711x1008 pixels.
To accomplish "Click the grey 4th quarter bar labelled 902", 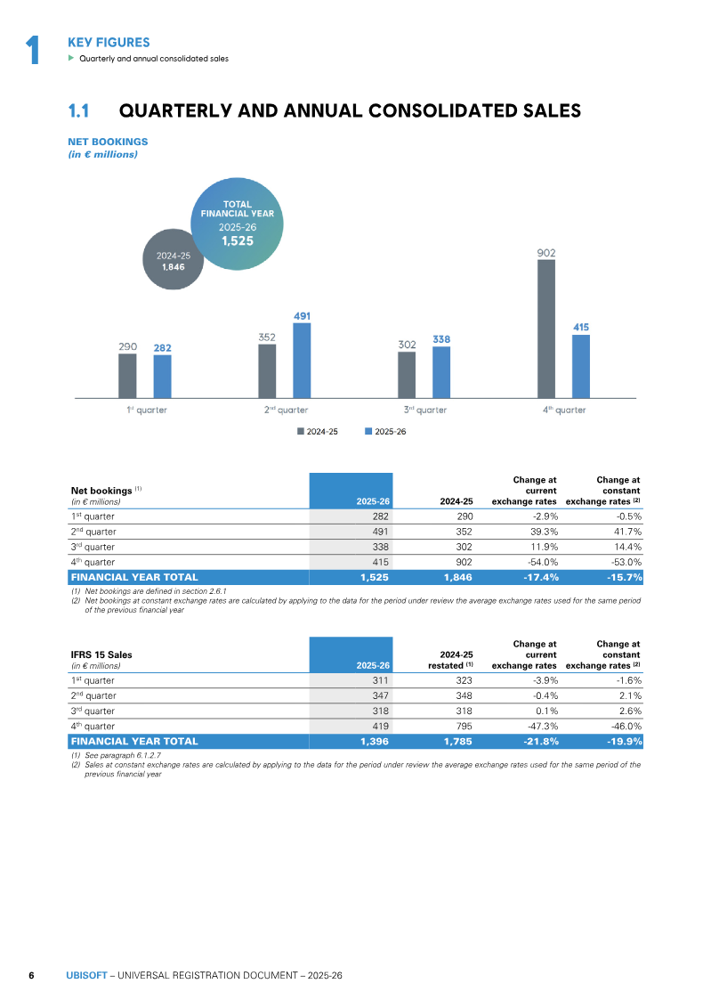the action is click(x=546, y=329).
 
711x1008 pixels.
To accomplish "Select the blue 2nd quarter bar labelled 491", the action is click(x=302, y=361).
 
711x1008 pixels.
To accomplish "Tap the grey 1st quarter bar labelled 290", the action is click(x=127, y=376).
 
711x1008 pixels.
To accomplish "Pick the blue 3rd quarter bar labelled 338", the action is click(x=441, y=373).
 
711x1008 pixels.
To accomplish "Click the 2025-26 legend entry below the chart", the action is click(x=385, y=431).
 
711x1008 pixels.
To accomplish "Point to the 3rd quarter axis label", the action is click(x=425, y=410).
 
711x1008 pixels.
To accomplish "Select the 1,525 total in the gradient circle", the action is click(x=238, y=241).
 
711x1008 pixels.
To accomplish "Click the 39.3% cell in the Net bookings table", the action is click(x=543, y=532).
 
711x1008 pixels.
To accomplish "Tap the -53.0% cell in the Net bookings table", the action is click(x=626, y=562).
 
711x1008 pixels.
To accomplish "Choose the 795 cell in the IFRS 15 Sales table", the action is click(x=464, y=726).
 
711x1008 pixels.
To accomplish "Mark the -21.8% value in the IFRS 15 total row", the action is click(x=541, y=741).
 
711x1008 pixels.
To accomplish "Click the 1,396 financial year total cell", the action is click(x=375, y=741).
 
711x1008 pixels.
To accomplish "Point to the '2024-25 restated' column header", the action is click(x=451, y=660).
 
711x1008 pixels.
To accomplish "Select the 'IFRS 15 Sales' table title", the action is click(x=101, y=655).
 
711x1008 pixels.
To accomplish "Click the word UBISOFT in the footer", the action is click(x=86, y=975).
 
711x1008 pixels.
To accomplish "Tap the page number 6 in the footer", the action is click(x=31, y=975).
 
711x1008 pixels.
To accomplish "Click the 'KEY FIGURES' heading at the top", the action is click(x=109, y=43).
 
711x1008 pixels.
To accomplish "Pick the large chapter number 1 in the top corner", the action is click(x=33, y=50).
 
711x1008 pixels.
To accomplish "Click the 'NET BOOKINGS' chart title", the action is click(x=108, y=142).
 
